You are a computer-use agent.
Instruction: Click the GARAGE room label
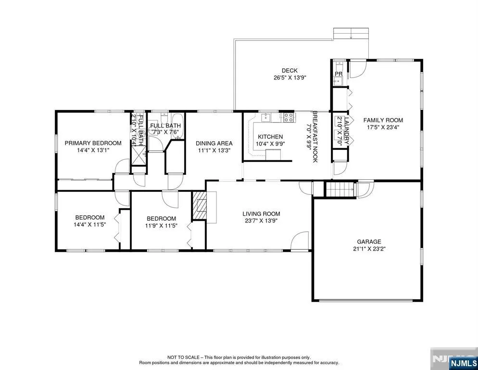[369, 242]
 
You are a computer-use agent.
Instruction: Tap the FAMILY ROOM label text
[383, 120]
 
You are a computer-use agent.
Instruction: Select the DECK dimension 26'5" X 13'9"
[289, 78]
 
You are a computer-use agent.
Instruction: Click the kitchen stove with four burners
[289, 117]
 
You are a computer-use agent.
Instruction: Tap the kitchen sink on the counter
[266, 117]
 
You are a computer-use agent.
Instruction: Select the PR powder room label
[339, 74]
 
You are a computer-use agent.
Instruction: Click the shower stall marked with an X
[139, 155]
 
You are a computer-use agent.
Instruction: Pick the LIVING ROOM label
[261, 214]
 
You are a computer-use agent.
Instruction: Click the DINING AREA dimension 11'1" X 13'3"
[214, 150]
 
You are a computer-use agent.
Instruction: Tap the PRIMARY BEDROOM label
[93, 143]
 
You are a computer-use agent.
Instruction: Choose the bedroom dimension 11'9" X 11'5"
[161, 226]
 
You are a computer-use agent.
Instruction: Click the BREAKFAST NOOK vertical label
[315, 136]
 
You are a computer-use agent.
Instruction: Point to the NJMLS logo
[464, 363]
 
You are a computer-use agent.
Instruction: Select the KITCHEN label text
[270, 137]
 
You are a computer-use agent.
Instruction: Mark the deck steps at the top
[351, 33]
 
